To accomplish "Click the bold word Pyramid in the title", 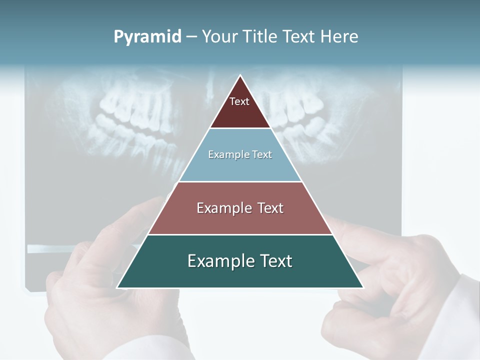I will point(147,37).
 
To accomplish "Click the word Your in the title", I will point(219,37).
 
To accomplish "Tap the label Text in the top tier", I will point(239,101).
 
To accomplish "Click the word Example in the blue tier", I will point(223,155).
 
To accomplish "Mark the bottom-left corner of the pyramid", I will point(117,287).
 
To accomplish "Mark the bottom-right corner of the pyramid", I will point(363,287).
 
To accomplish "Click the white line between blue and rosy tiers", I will point(240,181).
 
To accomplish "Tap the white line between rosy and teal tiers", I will point(240,234).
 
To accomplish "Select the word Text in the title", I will point(298,37).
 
